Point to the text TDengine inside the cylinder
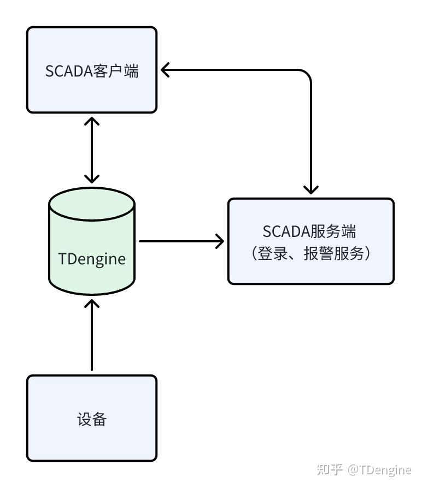92,258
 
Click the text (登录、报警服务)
310,253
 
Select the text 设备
92,419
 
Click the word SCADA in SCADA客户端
63,72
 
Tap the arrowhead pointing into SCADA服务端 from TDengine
220,241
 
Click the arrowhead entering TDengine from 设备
92,302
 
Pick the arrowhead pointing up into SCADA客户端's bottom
92,120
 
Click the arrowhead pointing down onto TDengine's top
92,178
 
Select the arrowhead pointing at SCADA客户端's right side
166,69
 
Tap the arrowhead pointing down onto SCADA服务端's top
310,189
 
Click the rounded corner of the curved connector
306,75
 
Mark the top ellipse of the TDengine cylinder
92,201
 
